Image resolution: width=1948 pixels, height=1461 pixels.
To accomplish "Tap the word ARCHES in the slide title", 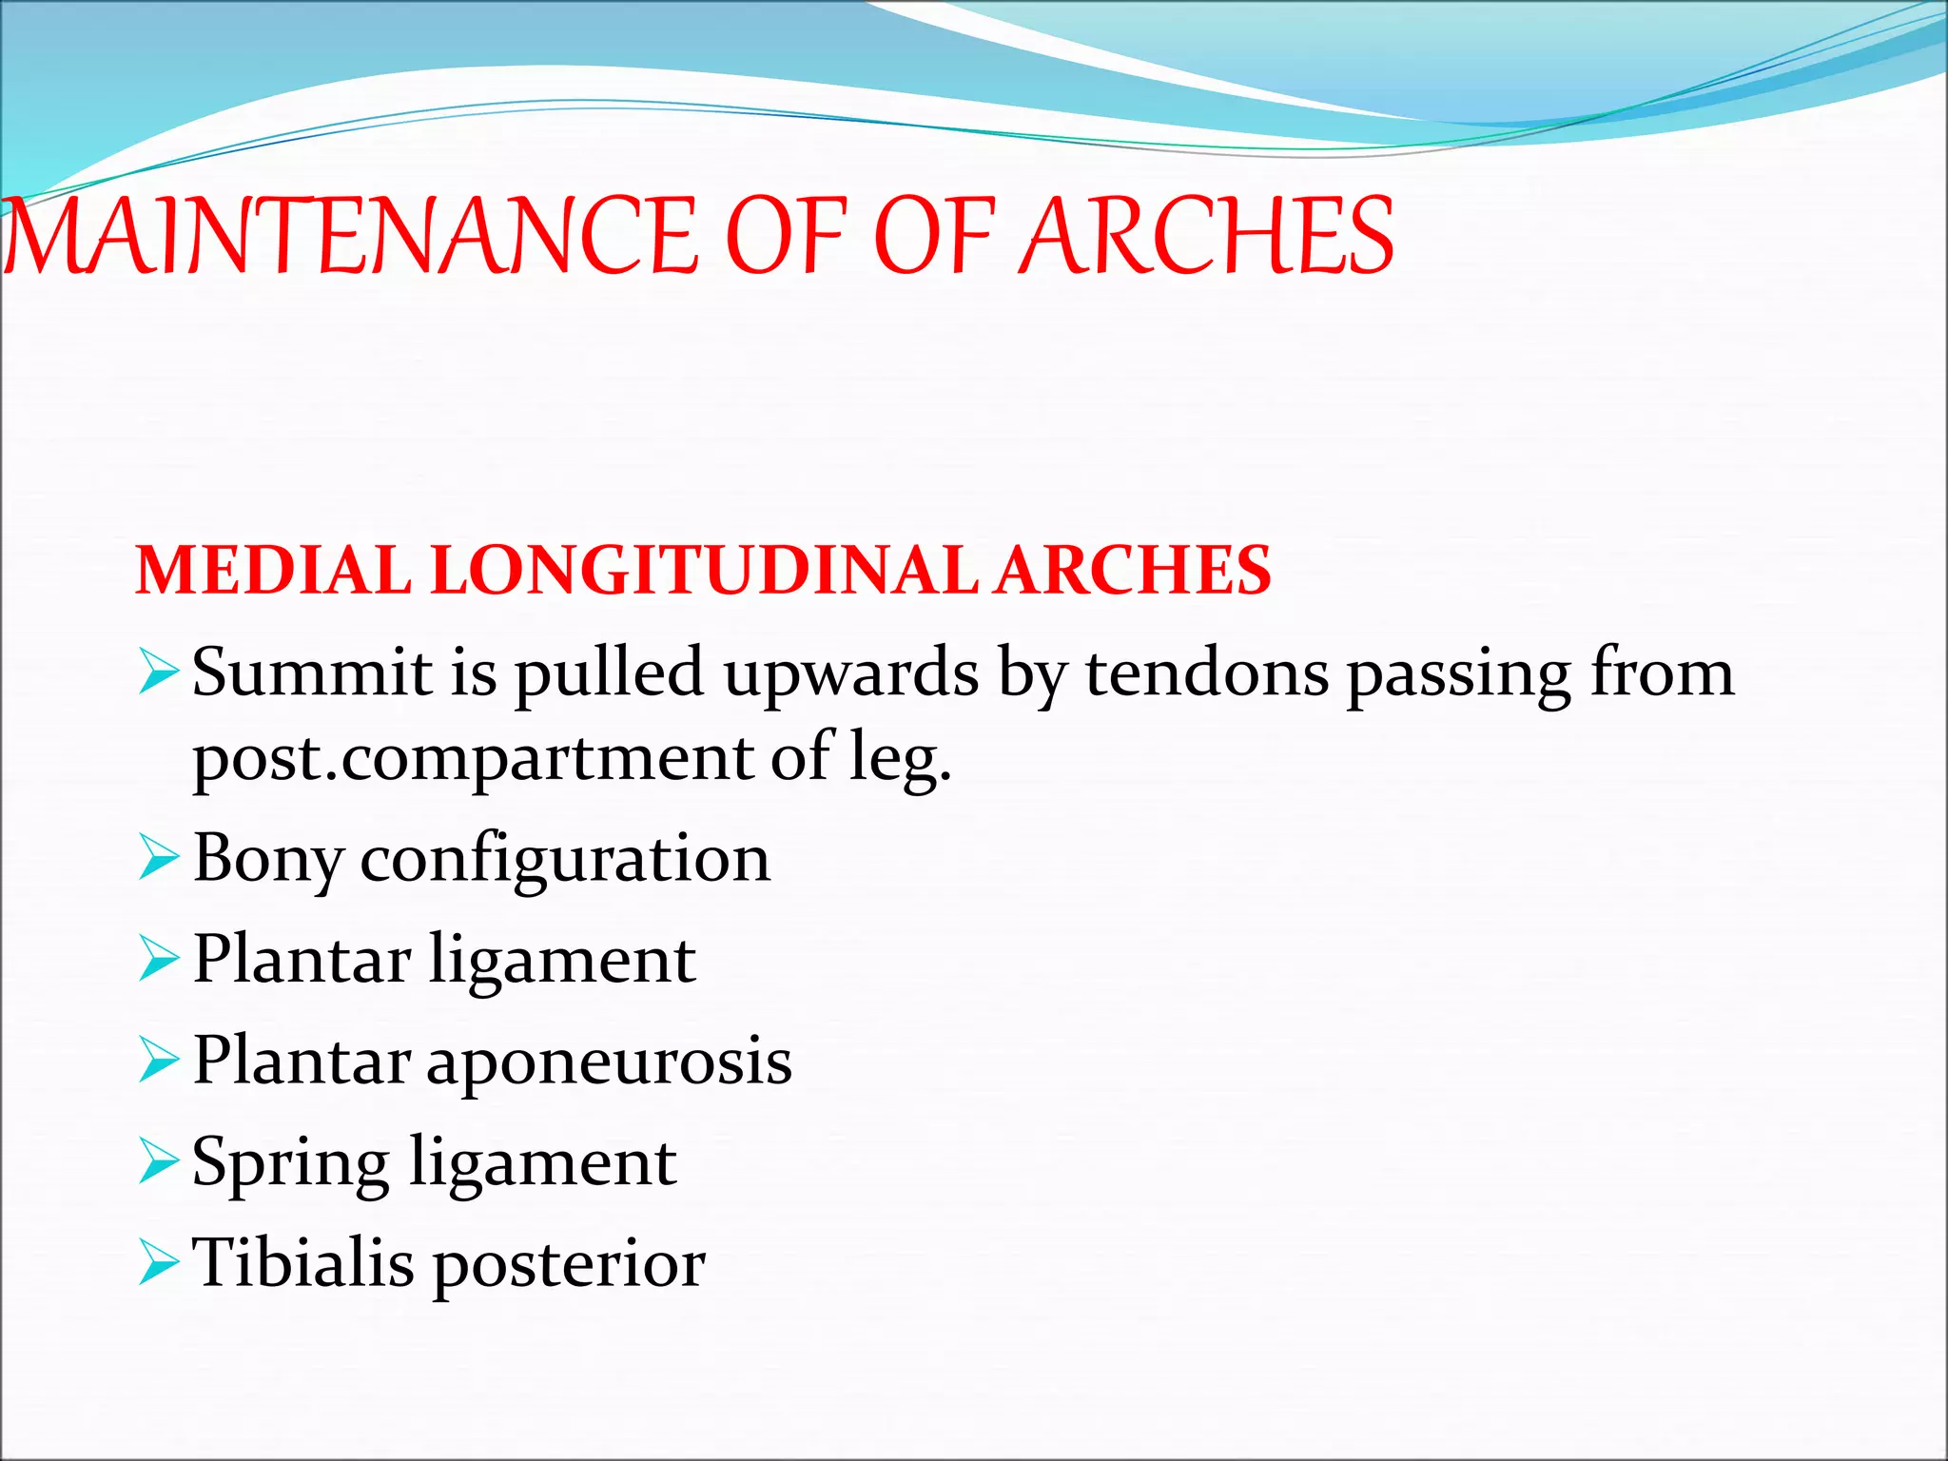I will click(x=1205, y=236).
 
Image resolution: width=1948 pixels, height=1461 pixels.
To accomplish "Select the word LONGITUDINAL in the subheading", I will click(x=704, y=571).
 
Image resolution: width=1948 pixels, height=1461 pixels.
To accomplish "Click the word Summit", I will click(x=313, y=672).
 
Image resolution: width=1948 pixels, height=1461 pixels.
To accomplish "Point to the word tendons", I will click(x=1207, y=672).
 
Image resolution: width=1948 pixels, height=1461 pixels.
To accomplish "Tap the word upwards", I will click(x=850, y=672).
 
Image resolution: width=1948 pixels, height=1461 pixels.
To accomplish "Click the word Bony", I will click(x=267, y=859).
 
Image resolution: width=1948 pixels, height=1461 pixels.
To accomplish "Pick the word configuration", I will click(x=565, y=859).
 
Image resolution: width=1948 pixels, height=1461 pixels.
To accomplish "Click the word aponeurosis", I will click(x=609, y=1062).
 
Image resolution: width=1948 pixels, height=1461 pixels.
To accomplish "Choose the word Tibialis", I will click(x=303, y=1264).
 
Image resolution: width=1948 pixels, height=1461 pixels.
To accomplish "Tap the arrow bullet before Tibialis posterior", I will click(x=157, y=1262).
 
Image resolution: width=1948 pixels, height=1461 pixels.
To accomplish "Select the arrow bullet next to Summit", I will click(x=157, y=672).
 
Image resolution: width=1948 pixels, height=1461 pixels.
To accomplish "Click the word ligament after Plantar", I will click(x=562, y=961).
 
